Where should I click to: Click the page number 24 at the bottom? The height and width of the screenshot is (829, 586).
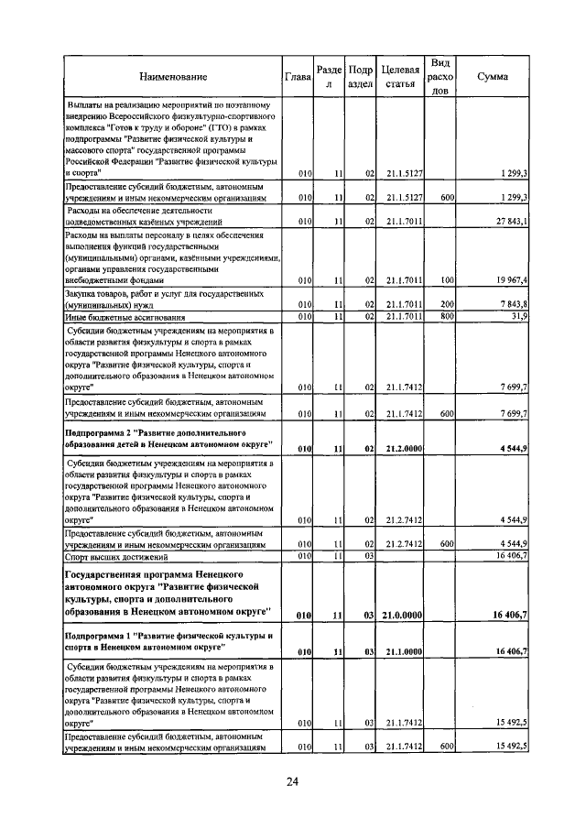click(293, 781)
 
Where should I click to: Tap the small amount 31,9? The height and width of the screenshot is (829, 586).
click(518, 316)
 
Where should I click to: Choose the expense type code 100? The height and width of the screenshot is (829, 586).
click(447, 280)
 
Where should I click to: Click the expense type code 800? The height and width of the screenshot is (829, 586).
click(447, 316)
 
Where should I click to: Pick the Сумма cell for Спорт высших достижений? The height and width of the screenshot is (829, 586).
click(510, 555)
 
